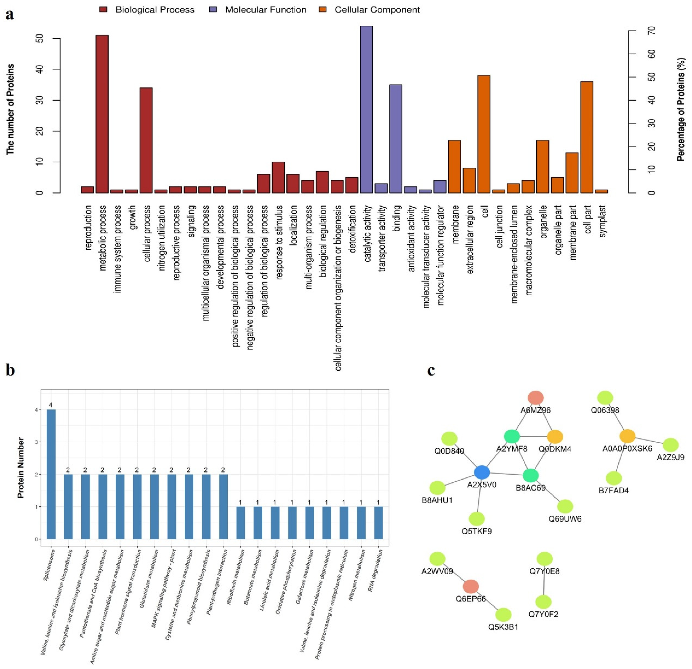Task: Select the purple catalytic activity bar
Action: click(x=366, y=109)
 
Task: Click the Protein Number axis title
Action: click(x=21, y=467)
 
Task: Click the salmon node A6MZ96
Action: click(x=536, y=398)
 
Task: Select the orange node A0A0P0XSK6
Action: click(x=627, y=436)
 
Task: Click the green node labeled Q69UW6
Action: click(x=565, y=506)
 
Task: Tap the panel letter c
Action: click(x=431, y=370)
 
